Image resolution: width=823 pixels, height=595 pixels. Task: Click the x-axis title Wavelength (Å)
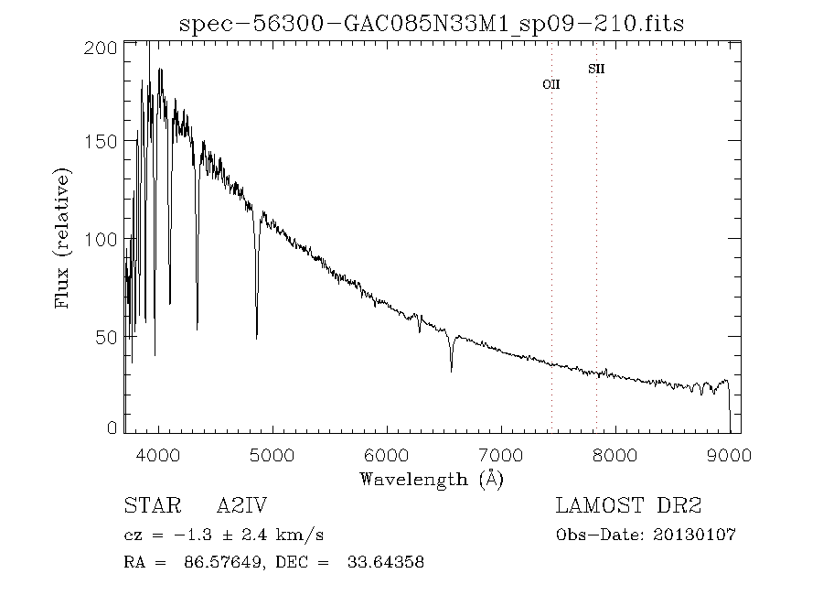coord(432,478)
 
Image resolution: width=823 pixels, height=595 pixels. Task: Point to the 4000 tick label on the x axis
coord(159,455)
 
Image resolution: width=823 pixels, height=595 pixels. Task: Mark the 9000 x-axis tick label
coord(729,455)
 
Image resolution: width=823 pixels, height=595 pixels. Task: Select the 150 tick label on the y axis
coord(106,141)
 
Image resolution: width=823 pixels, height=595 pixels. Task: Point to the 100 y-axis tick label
coord(106,239)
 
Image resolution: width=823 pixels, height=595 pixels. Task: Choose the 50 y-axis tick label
coord(111,337)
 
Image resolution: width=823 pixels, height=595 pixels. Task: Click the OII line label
coord(551,84)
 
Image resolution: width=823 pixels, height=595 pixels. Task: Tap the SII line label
coord(596,69)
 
